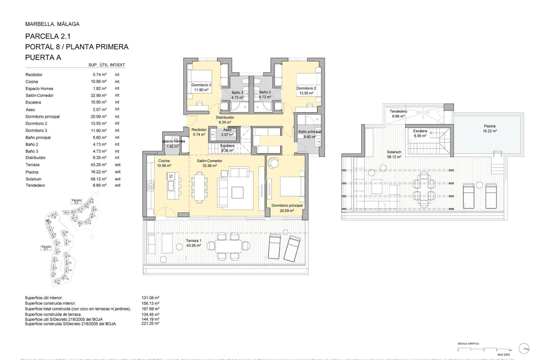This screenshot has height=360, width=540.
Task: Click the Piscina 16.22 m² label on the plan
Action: click(489, 129)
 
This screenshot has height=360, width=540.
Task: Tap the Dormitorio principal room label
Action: click(287, 208)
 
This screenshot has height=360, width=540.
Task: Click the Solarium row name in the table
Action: click(33, 179)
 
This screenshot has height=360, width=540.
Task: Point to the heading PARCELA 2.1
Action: click(48, 36)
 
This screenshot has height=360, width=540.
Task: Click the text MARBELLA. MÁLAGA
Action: click(52, 24)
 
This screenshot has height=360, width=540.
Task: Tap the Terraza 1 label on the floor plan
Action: click(193, 243)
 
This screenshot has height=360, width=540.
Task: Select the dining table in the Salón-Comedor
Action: click(200, 187)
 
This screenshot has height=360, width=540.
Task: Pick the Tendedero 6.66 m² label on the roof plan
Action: click(398, 114)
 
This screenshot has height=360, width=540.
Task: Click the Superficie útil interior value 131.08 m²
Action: click(150, 298)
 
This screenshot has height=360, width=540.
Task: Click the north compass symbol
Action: click(524, 348)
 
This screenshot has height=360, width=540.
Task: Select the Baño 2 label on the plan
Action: click(265, 94)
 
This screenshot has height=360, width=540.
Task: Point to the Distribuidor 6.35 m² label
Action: click(225, 120)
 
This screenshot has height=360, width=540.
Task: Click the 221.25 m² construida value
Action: click(150, 323)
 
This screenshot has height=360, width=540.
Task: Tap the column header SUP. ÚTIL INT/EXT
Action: click(107, 65)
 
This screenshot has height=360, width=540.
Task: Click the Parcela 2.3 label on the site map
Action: click(76, 201)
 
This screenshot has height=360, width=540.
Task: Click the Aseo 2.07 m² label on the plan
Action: click(227, 132)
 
